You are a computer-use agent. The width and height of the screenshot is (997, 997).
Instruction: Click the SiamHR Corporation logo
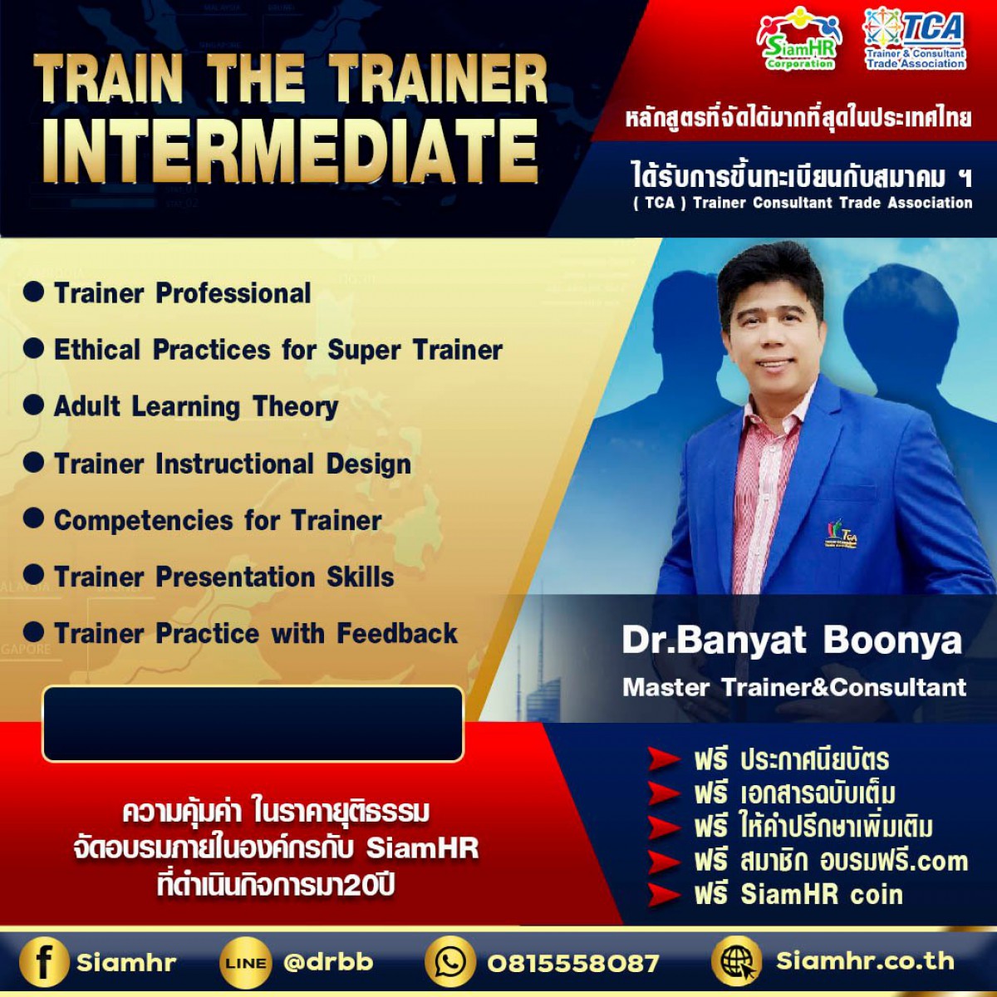798,38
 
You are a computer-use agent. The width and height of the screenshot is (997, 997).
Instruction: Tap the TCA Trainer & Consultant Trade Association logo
915,38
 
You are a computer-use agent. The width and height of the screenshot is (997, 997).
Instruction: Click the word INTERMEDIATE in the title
290,151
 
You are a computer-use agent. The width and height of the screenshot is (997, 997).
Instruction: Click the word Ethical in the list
97,349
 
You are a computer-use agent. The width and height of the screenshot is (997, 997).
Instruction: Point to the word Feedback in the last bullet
397,633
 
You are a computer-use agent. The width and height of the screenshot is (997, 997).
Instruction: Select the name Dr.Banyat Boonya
792,641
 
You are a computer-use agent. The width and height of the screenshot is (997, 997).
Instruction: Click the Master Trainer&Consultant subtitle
794,687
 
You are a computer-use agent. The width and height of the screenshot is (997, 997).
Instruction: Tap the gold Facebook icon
44,962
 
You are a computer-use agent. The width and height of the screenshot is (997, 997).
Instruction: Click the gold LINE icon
245,963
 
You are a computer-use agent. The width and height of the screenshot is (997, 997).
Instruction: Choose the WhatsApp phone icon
449,962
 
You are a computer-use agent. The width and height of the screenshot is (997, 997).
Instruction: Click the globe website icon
737,961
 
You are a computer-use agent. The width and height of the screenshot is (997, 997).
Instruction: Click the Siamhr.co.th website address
865,961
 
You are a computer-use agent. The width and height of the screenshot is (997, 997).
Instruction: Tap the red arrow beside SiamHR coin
663,895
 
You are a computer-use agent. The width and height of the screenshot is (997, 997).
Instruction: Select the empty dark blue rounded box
253,724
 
